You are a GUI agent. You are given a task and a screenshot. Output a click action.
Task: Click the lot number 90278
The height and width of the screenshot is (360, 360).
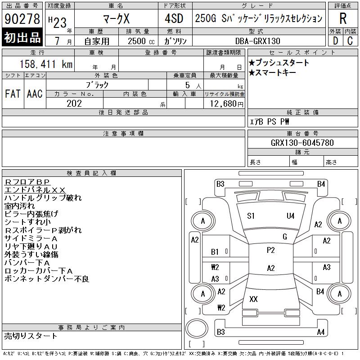coord(22,19)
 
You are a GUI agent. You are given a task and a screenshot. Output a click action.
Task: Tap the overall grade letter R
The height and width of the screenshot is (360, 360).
coord(343,18)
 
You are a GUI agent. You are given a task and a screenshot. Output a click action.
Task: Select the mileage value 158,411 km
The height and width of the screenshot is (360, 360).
coord(46,64)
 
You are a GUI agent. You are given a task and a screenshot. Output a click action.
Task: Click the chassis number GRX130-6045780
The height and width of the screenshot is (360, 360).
coord(302,143)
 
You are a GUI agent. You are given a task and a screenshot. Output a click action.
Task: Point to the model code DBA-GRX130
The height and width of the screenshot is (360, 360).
coord(257,41)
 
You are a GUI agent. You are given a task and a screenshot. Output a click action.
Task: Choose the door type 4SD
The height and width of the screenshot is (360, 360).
coord(174,18)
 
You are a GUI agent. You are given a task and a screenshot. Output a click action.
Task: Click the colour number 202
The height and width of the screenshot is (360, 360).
coord(74,103)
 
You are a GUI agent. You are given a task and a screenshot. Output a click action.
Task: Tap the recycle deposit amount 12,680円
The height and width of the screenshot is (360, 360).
coord(226,104)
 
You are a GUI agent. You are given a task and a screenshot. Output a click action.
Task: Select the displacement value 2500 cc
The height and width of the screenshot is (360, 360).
coord(141,41)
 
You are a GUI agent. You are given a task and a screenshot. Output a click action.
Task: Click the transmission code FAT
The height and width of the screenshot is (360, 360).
coord(13,94)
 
